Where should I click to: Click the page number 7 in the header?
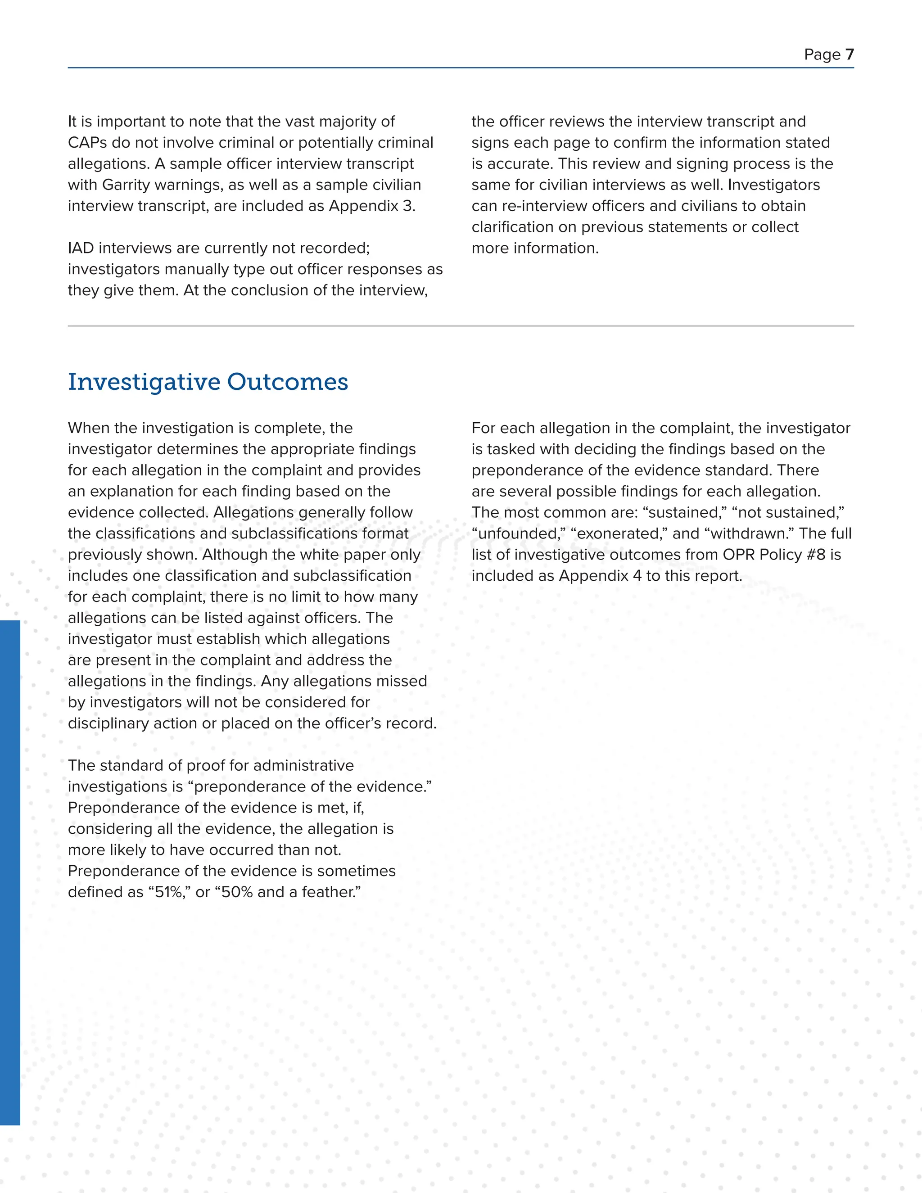(x=850, y=54)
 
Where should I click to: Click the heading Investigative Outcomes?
(x=208, y=382)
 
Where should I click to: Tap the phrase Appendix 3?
(x=372, y=206)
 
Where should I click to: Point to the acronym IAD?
(x=81, y=248)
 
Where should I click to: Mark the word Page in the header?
(x=822, y=54)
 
